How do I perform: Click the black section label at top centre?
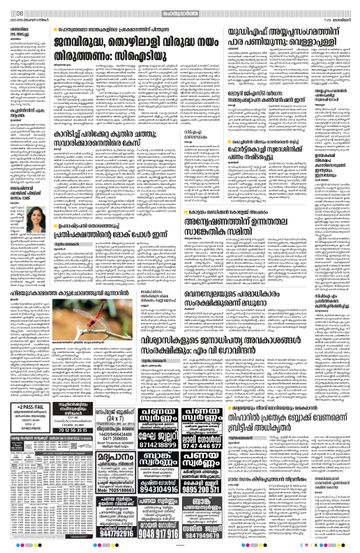(180, 6)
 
